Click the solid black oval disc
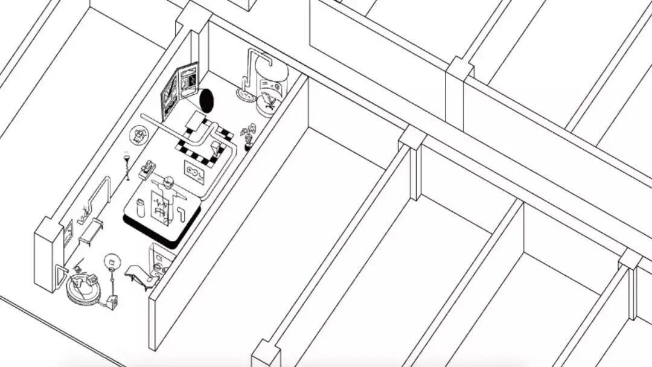206,100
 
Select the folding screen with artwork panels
179,91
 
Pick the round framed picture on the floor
140,134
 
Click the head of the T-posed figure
168,180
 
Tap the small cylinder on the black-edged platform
141,208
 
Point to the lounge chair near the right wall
141,276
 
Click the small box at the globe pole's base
112,301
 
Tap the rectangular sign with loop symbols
194,172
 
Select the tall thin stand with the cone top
127,167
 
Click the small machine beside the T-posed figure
147,170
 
